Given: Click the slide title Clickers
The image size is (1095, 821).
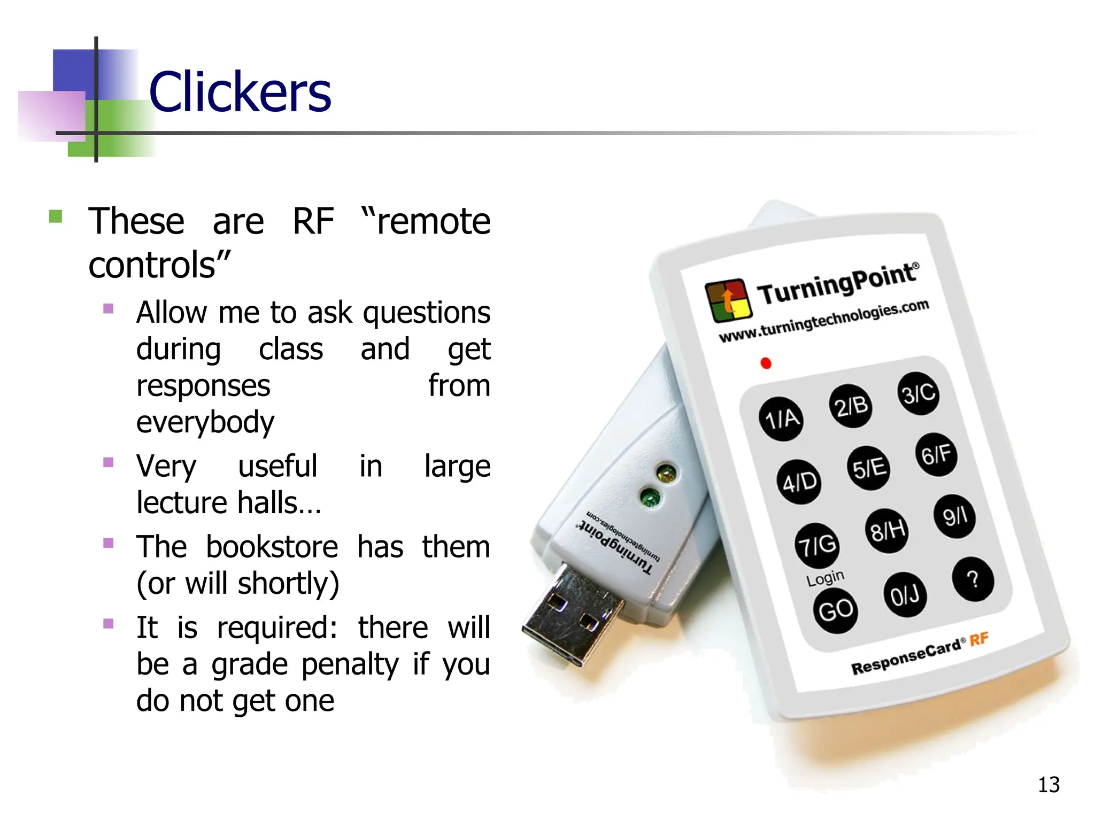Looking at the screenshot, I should tap(240, 92).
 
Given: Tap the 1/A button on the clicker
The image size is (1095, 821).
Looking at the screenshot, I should tap(782, 419).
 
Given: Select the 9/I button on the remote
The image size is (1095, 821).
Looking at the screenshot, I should tap(954, 516).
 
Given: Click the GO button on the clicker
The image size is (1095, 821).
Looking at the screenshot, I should tap(835, 610).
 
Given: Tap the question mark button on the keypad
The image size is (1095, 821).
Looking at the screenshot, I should tap(973, 579).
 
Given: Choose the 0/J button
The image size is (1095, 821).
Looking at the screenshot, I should tap(904, 594).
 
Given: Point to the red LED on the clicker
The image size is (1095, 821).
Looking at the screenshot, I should tap(766, 363).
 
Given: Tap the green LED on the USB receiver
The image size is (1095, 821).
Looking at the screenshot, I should tap(650, 499).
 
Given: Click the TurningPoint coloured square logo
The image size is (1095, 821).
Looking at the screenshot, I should tap(727, 300).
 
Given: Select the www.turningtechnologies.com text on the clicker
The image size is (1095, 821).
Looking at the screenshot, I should tap(823, 321).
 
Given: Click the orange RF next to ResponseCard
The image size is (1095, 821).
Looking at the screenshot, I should tap(978, 639).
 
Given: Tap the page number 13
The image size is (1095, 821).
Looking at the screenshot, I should tap(1048, 785).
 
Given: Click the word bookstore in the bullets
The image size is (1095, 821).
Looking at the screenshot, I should tap(272, 547).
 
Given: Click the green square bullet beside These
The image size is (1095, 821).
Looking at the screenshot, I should tap(56, 216).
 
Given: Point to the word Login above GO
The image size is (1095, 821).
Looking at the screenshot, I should tap(825, 578).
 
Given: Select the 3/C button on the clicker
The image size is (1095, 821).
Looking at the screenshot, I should tap(918, 394).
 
